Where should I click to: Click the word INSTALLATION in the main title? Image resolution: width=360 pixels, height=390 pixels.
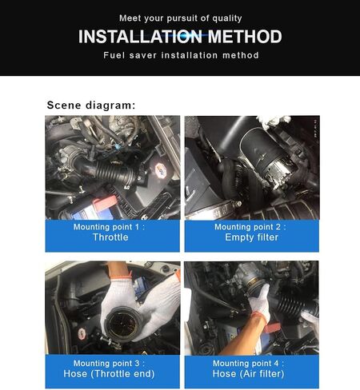click(x=140, y=37)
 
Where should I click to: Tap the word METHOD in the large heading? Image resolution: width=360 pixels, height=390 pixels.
click(x=245, y=37)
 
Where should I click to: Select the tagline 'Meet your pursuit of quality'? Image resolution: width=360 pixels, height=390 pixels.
click(x=181, y=18)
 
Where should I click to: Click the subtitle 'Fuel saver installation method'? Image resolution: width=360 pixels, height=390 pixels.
click(x=181, y=55)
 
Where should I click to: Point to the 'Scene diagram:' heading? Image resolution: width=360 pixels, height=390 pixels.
click(x=91, y=105)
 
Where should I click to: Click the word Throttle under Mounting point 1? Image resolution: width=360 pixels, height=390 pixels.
click(x=110, y=237)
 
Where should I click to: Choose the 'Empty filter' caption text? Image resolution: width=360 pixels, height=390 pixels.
click(x=251, y=237)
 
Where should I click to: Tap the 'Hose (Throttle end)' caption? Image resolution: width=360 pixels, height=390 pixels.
click(x=109, y=374)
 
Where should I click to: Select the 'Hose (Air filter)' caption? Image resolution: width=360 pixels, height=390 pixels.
click(x=248, y=374)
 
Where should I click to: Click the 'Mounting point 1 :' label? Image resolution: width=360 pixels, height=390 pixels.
click(x=109, y=227)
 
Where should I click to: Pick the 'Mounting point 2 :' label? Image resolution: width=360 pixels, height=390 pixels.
click(x=250, y=227)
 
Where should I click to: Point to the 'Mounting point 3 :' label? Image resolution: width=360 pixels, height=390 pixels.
click(x=109, y=364)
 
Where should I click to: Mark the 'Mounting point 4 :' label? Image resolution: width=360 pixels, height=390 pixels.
click(x=248, y=364)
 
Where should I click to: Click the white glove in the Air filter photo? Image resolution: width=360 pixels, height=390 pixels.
click(x=259, y=302)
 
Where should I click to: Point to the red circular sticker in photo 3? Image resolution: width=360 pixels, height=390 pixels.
click(x=82, y=333)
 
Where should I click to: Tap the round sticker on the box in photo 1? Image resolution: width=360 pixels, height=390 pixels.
click(x=161, y=170)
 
